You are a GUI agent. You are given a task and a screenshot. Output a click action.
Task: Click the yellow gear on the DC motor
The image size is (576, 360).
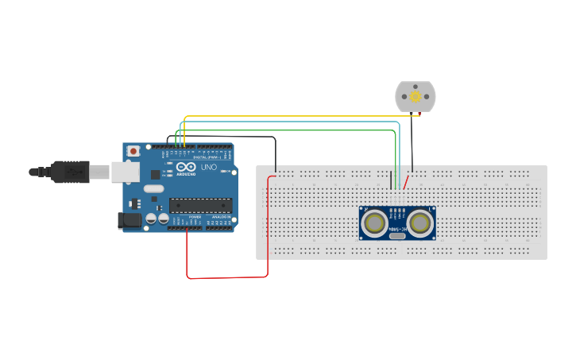click(x=415, y=97)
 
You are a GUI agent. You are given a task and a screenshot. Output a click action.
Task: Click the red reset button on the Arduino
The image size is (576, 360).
click(x=133, y=150)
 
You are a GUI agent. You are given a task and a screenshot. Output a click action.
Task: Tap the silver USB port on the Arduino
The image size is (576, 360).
click(x=123, y=172)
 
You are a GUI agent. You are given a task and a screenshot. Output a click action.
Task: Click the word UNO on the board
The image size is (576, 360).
click(x=209, y=168)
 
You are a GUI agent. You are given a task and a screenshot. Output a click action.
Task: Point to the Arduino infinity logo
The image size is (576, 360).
click(x=187, y=167)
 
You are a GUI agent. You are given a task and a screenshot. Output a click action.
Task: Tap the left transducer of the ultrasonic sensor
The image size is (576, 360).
click(x=373, y=224)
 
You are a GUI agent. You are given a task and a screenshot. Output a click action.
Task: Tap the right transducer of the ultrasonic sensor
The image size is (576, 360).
click(x=419, y=224)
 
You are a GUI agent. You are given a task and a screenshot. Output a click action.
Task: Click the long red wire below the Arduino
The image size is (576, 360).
click(x=226, y=277)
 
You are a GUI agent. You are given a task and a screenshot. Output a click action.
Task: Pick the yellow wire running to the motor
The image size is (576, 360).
click(x=302, y=117)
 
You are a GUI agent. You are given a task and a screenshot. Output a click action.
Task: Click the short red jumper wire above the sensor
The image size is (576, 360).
click(x=407, y=182)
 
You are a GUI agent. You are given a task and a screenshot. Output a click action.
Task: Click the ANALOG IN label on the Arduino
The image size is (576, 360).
click(x=219, y=217)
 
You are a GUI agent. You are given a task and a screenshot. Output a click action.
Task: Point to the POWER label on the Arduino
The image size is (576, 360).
click(x=194, y=217)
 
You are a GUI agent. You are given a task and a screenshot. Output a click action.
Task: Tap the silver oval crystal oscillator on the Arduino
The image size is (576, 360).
click(x=153, y=189)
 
